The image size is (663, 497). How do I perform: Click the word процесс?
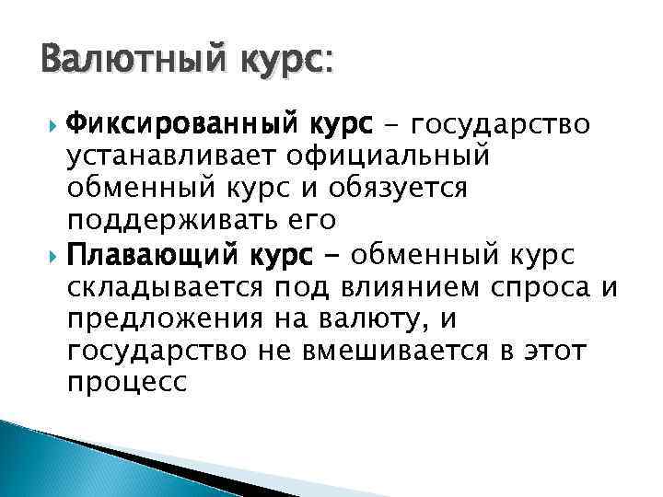pyautogui.click(x=127, y=384)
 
